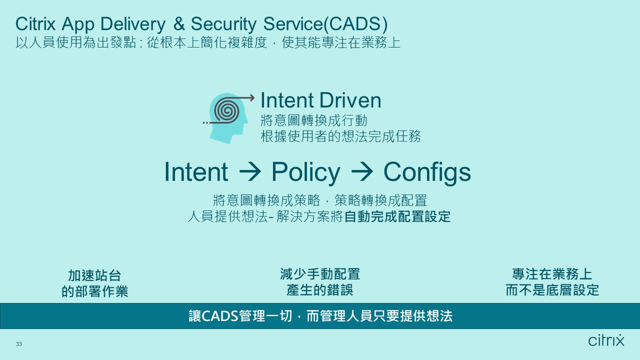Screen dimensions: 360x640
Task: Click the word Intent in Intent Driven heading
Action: click(287, 100)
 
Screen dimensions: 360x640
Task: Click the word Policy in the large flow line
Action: click(305, 172)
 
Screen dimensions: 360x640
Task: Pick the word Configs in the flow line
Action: click(427, 173)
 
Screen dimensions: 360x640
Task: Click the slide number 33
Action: click(19, 344)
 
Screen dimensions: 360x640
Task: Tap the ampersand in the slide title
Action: click(179, 24)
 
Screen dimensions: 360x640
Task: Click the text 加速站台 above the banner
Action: click(95, 275)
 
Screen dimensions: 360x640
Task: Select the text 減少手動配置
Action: click(320, 274)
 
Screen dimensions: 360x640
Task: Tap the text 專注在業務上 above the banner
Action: click(552, 274)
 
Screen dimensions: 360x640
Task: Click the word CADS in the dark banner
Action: click(220, 316)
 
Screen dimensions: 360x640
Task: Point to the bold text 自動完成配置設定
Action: click(397, 217)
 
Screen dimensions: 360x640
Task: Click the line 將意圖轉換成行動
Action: click(314, 121)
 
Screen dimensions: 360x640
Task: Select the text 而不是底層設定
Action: click(552, 290)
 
